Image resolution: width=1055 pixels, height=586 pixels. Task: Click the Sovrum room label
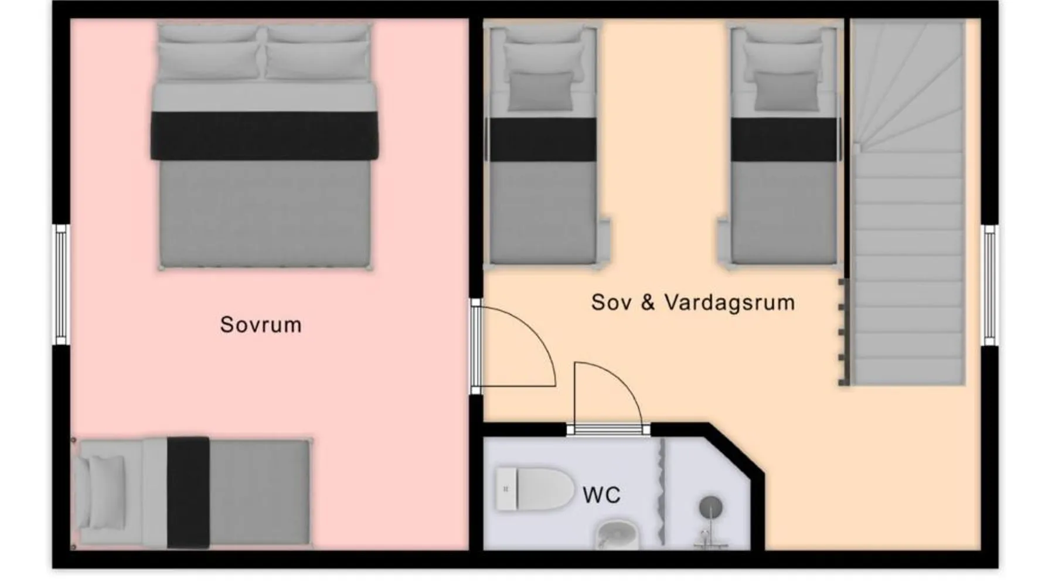coord(261,325)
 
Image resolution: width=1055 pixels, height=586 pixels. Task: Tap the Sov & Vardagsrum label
coord(693,302)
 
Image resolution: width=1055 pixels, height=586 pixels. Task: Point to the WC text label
coord(601,495)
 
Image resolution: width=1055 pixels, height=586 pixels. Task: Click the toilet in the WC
coord(535,489)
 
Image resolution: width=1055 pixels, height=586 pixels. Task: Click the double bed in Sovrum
coord(264,146)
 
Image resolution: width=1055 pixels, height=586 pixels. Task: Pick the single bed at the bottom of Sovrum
coord(192,493)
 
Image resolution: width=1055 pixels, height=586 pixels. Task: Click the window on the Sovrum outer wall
coord(61,284)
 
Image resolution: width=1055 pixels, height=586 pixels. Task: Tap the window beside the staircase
coord(989,285)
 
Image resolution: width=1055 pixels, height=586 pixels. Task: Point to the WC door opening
coord(608,430)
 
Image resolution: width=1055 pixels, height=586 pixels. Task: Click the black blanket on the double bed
coord(264,136)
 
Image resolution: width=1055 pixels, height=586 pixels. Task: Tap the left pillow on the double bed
coord(209,60)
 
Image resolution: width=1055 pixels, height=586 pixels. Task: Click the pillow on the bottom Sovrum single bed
coord(105,493)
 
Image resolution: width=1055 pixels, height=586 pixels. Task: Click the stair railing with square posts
coord(845,332)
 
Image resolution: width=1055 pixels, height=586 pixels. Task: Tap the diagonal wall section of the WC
coord(736,450)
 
